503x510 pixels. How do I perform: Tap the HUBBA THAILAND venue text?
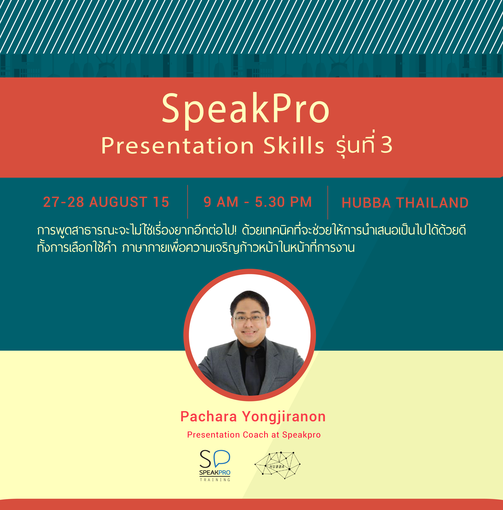click(x=405, y=203)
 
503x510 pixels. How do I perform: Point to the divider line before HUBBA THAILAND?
click(x=328, y=202)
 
